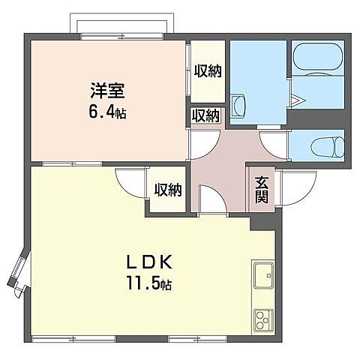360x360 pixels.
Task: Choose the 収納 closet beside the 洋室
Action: tap(206, 72)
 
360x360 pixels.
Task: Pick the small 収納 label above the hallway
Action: tap(205, 115)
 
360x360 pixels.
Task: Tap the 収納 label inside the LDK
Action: tap(169, 190)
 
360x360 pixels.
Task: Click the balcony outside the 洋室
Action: tap(124, 24)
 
